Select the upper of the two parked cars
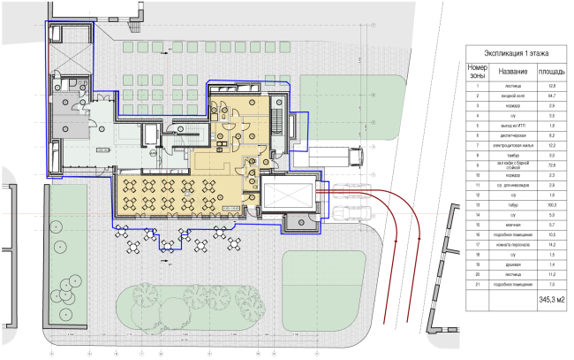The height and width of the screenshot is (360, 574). click(x=353, y=191)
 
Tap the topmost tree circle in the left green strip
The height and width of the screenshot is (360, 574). click(x=58, y=226)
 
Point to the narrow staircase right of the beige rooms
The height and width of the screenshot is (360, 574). click(x=280, y=119)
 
